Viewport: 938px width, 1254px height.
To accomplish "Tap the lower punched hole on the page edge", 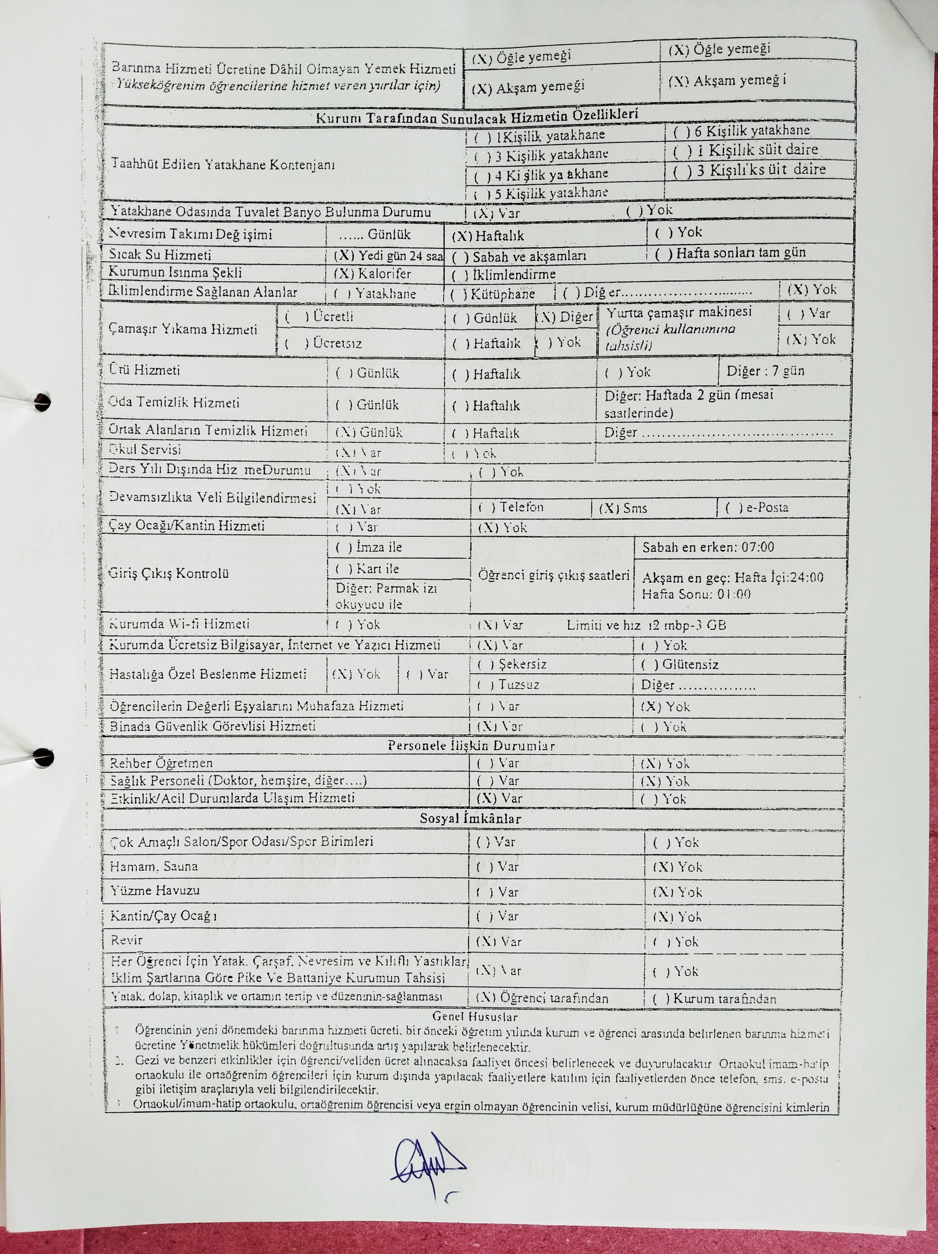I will pyautogui.click(x=43, y=756).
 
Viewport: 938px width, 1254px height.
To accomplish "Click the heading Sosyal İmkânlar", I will pyautogui.click(x=470, y=819).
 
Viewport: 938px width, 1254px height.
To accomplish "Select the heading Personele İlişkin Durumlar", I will pyautogui.click(x=471, y=745).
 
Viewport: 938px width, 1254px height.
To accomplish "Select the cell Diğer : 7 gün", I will pyautogui.click(x=765, y=371).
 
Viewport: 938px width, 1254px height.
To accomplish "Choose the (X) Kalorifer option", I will pyautogui.click(x=372, y=274).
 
